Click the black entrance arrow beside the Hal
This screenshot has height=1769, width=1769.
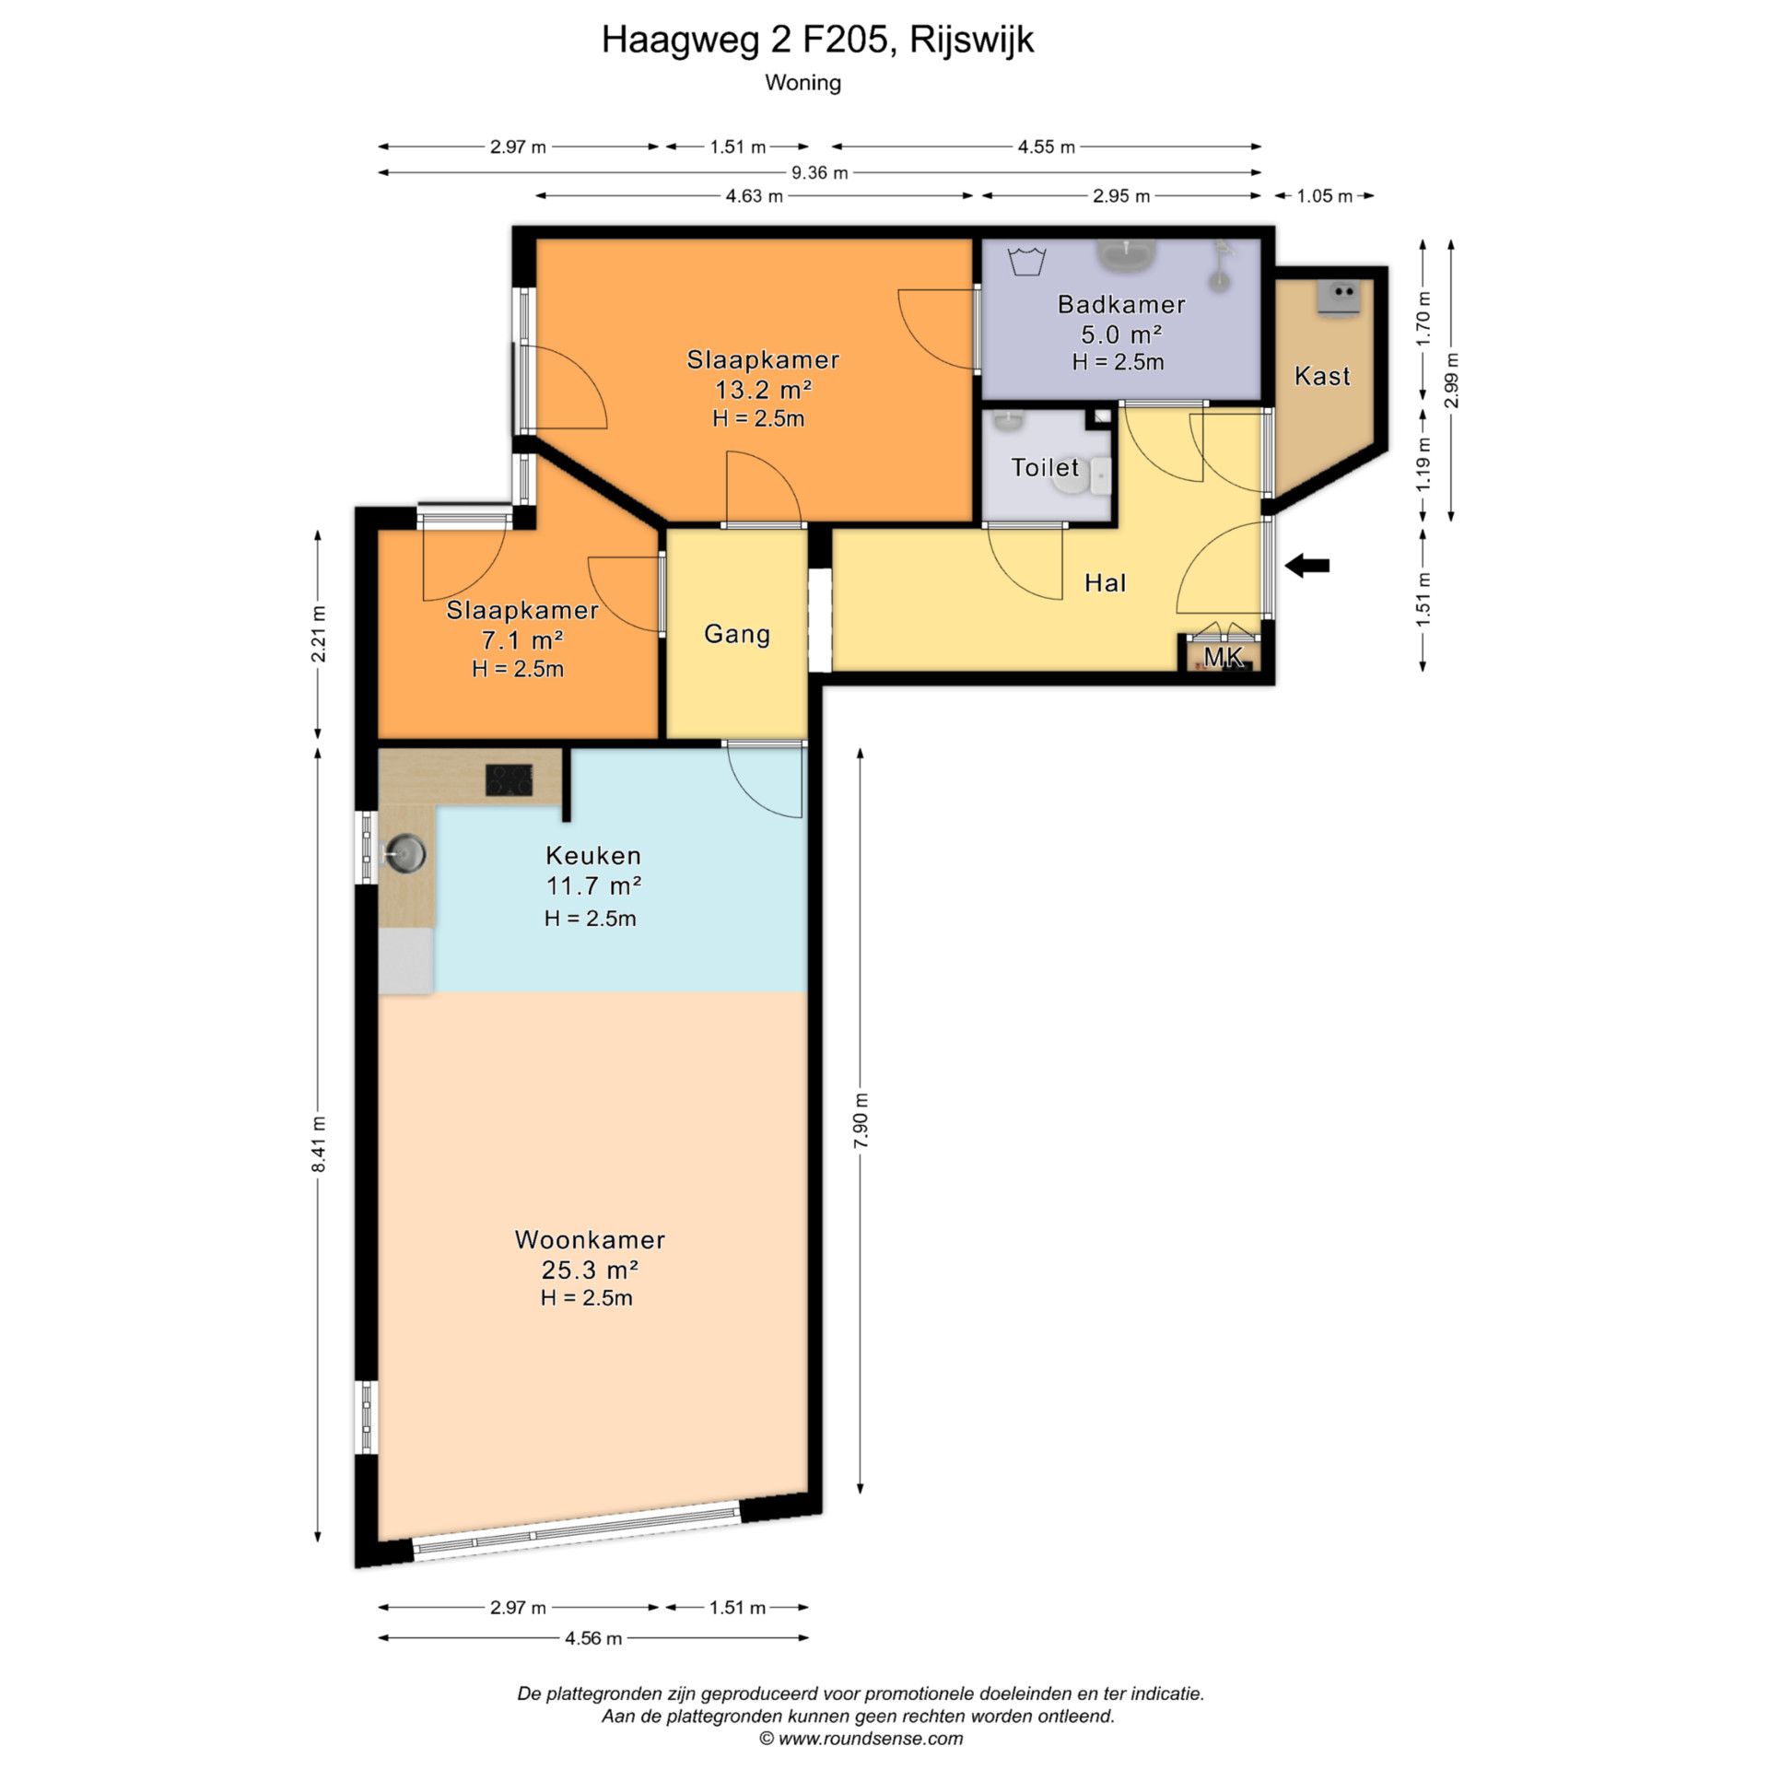1307,566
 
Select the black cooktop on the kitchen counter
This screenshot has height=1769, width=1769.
510,780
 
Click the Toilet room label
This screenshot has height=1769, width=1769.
1045,467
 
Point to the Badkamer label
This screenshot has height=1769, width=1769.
1121,304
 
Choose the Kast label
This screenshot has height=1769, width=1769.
1322,376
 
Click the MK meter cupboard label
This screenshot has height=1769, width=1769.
1224,657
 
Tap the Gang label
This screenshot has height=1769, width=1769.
737,634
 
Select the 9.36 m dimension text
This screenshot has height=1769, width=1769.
820,172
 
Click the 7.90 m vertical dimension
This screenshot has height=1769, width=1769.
861,1119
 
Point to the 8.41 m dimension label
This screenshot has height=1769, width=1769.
319,1143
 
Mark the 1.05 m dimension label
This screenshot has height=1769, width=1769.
1325,196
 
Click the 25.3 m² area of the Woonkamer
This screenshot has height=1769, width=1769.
591,1270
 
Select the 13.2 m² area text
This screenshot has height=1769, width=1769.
764,389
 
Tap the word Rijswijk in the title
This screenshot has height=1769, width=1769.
972,40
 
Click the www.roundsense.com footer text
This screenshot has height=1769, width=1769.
871,1739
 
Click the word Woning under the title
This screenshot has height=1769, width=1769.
803,83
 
